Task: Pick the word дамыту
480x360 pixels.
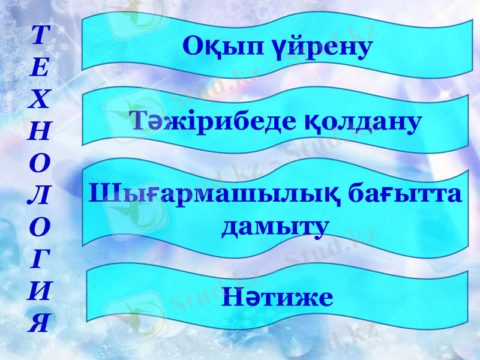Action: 275,226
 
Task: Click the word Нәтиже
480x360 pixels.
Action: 277,296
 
